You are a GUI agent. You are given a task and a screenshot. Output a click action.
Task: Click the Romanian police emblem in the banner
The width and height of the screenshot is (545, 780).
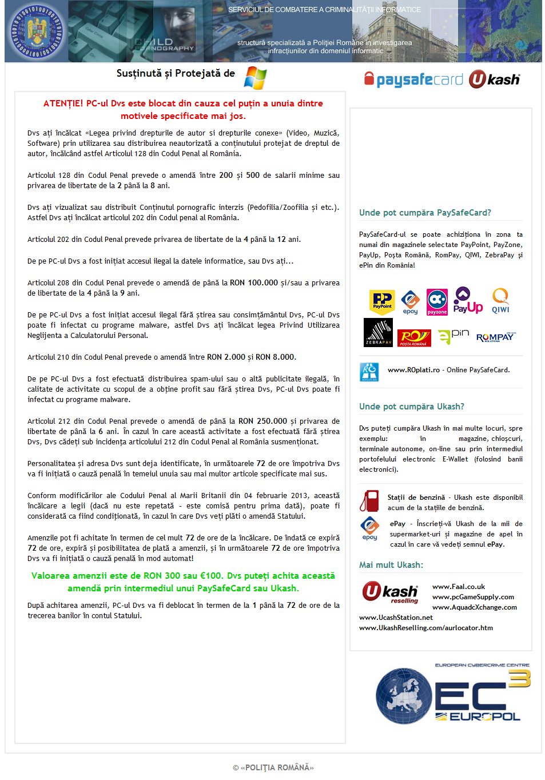(x=36, y=32)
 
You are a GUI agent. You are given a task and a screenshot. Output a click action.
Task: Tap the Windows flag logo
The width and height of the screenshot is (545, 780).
(x=255, y=78)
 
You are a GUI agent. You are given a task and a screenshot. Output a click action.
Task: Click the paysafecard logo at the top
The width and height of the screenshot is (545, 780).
(x=413, y=79)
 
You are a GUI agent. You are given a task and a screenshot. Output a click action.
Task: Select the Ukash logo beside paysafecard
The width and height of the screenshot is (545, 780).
(x=495, y=79)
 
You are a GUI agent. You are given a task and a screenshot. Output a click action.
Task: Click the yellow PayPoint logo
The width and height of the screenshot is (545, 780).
(x=382, y=301)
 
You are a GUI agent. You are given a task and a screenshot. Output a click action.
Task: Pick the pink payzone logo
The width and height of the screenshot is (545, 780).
(x=437, y=302)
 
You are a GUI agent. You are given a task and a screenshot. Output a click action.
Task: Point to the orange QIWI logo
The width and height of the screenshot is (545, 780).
(x=500, y=301)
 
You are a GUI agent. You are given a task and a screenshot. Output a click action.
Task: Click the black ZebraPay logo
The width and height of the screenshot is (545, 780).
(x=378, y=332)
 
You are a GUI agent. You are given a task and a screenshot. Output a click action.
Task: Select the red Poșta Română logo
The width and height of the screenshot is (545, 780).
(x=413, y=337)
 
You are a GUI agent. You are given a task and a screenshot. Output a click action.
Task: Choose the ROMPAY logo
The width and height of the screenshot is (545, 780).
(x=496, y=337)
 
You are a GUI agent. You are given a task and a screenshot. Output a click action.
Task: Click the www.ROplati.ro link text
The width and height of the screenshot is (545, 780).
(x=413, y=370)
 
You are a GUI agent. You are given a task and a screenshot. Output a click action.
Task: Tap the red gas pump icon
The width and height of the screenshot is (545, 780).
(x=369, y=501)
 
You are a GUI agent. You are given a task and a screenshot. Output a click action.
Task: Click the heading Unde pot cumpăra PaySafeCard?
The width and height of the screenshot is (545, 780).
(x=425, y=213)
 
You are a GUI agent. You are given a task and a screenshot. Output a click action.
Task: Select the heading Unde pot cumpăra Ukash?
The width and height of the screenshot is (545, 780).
(x=411, y=407)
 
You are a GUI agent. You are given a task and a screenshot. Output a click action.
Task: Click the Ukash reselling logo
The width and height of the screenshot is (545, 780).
(x=390, y=592)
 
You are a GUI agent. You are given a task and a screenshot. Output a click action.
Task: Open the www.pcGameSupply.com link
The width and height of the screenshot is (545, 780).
(x=473, y=597)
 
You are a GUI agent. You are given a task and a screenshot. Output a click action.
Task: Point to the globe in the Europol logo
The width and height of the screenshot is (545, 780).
(x=404, y=696)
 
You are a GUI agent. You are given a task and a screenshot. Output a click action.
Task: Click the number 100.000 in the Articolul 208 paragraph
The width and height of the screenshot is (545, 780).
(x=262, y=282)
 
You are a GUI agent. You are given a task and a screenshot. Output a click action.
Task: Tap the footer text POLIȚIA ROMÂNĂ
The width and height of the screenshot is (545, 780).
(x=277, y=767)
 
